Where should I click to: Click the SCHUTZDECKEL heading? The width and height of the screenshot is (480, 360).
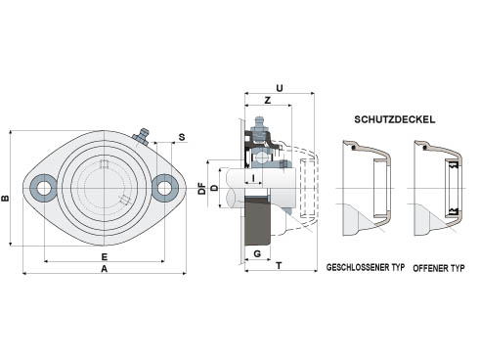[394, 119]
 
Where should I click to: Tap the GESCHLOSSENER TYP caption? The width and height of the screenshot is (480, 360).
[366, 267]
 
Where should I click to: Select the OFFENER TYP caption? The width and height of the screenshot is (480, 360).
[439, 268]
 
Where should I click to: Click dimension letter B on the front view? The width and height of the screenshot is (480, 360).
[6, 198]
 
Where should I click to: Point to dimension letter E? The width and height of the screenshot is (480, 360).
[104, 257]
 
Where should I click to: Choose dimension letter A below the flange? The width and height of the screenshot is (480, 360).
[104, 269]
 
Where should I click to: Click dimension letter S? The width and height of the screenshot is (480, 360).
[182, 137]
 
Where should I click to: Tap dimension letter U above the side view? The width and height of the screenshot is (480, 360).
[280, 88]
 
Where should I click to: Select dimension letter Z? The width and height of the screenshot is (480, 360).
[268, 100]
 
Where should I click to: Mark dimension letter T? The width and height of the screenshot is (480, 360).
[279, 266]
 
